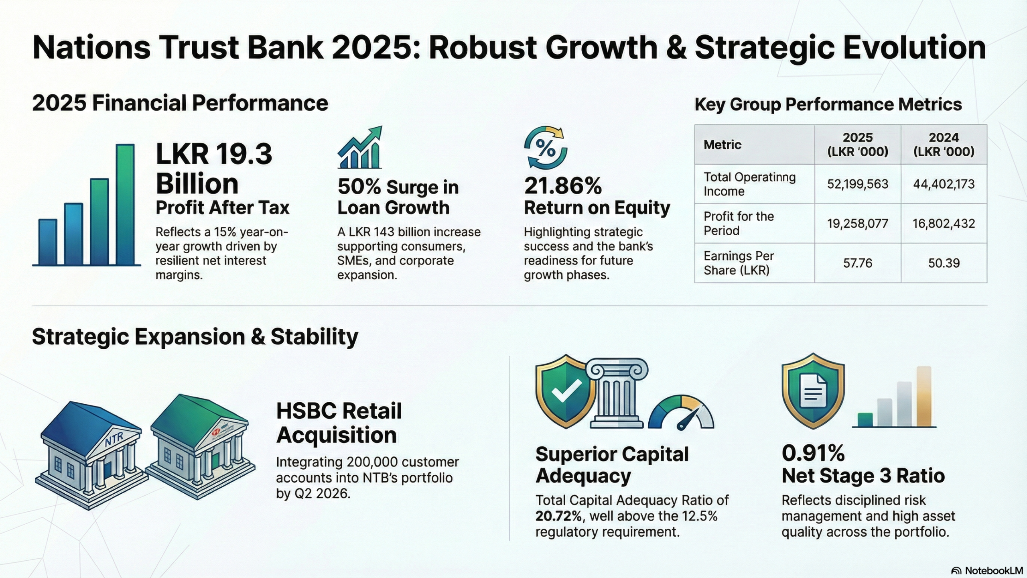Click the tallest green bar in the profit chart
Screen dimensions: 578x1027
coord(125,205)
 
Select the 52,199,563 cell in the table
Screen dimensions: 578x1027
coord(858,184)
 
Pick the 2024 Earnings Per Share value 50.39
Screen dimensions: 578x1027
coord(944,263)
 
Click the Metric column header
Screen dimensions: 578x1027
coord(723,145)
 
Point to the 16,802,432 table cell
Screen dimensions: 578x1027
coord(944,224)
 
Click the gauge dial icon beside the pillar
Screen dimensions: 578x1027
coord(681,414)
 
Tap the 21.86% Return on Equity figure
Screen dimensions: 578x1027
coord(563,186)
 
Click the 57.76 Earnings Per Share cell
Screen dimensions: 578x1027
coord(858,263)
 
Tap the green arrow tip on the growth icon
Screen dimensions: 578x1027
coord(377,130)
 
